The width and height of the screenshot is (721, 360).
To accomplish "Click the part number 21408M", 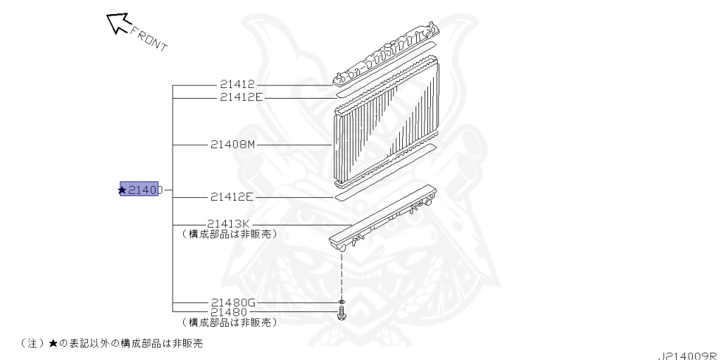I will [x=232, y=145].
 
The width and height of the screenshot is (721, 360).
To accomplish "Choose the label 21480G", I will [x=235, y=302].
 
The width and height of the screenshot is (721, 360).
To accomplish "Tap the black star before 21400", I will [x=123, y=190].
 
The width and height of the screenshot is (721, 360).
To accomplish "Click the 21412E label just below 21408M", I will [x=232, y=198].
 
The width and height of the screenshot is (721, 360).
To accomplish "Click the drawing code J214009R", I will [x=689, y=355].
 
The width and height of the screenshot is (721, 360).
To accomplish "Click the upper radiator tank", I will [x=387, y=60].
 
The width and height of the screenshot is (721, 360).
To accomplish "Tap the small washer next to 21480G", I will [x=341, y=302].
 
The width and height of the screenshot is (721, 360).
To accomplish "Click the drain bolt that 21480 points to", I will [x=341, y=312].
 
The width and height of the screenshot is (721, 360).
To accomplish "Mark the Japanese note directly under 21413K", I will [x=228, y=234].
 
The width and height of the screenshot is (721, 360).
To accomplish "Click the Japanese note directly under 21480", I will [x=228, y=322].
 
